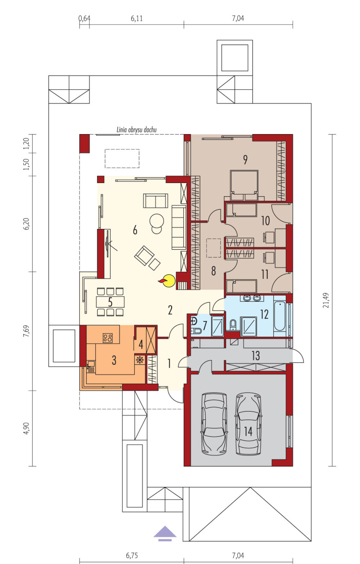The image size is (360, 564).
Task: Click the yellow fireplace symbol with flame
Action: (167, 280)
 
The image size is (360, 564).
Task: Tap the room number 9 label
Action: (245, 159)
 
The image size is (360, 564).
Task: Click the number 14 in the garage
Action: (248, 431)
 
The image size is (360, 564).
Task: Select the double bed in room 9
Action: (244, 185)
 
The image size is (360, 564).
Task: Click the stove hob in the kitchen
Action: (108, 338)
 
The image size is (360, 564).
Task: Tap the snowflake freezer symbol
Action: (139, 360)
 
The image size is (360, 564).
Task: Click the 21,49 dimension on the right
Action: (326, 300)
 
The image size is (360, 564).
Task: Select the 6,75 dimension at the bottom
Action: (132, 555)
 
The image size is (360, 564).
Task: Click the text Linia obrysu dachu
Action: (137, 130)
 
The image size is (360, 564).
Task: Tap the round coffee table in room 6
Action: (157, 221)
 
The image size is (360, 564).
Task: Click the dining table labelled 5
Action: (110, 302)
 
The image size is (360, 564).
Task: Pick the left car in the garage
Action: (214, 425)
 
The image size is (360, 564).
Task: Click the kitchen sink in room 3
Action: (90, 366)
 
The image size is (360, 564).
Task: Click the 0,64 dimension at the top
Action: (84, 18)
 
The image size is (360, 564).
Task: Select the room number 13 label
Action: (256, 356)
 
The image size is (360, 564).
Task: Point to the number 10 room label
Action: (265, 221)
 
